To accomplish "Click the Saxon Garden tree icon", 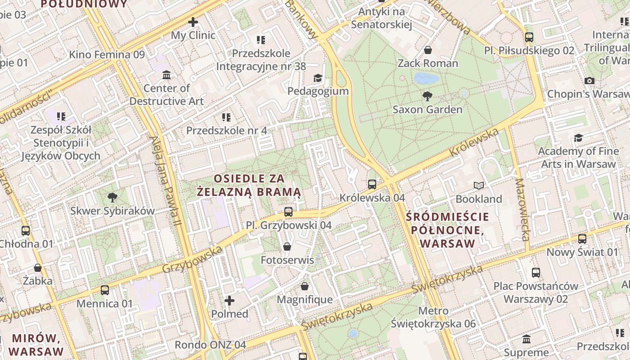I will point(427,95).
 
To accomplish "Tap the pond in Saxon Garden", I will point(426,78).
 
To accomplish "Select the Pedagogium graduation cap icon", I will point(318,78).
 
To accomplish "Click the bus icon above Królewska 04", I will point(372,184).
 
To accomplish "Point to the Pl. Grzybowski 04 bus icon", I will point(288,211).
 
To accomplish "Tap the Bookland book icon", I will point(479,185).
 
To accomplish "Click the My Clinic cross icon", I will point(193,22).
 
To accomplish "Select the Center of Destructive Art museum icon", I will point(166,74).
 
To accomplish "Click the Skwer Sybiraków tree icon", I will point(112,197).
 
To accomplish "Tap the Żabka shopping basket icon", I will point(38,268).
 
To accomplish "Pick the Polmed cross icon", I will point(229,300).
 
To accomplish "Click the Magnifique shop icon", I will point(305,286).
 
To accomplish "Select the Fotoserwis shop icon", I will point(287,247).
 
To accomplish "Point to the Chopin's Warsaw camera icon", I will point(589,81).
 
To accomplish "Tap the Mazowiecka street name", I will point(522,209).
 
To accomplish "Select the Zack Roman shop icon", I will point(428,49).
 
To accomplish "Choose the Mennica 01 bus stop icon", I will point(105,290).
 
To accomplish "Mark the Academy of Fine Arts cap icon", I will point(578,138).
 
